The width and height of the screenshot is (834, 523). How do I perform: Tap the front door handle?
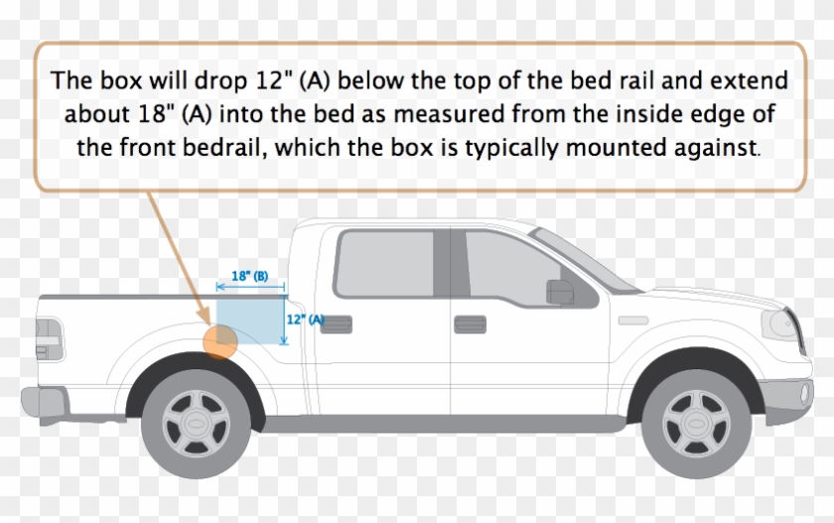coord(469,324)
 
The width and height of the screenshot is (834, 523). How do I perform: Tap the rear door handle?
coord(336,324)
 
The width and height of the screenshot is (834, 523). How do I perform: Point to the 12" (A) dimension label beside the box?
coord(305,320)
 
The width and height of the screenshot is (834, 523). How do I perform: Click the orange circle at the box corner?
coord(217,340)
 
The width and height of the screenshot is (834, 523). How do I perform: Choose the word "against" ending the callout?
coord(728,148)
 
